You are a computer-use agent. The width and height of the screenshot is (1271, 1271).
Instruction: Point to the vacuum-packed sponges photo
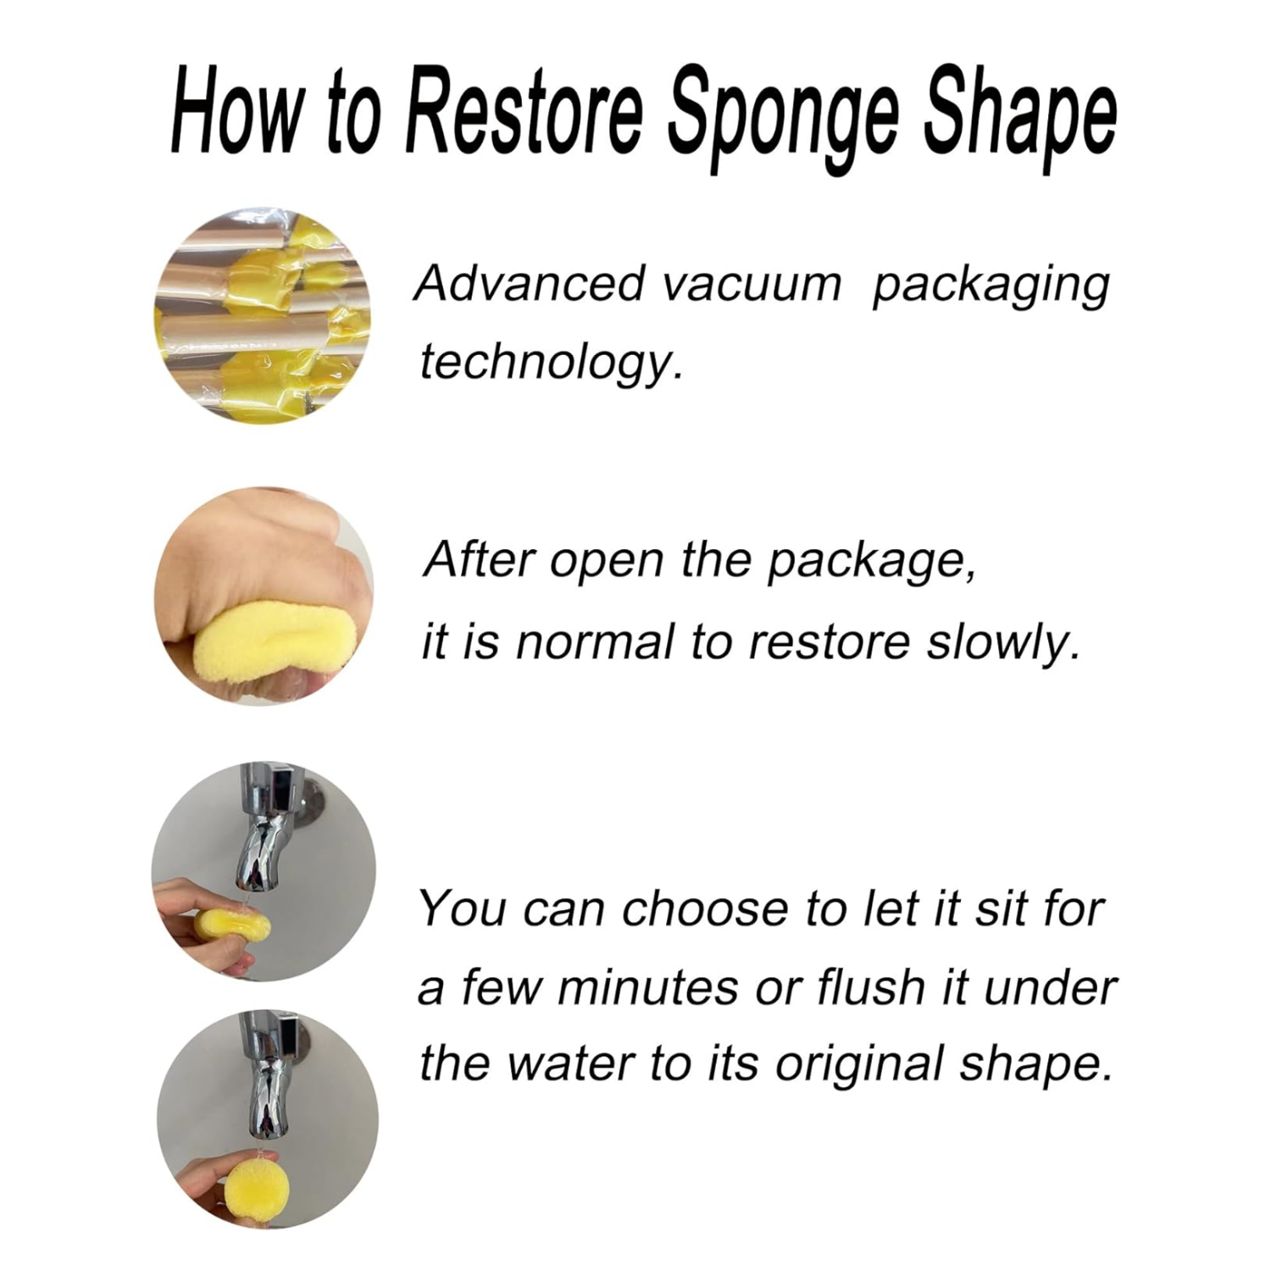click(x=263, y=318)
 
